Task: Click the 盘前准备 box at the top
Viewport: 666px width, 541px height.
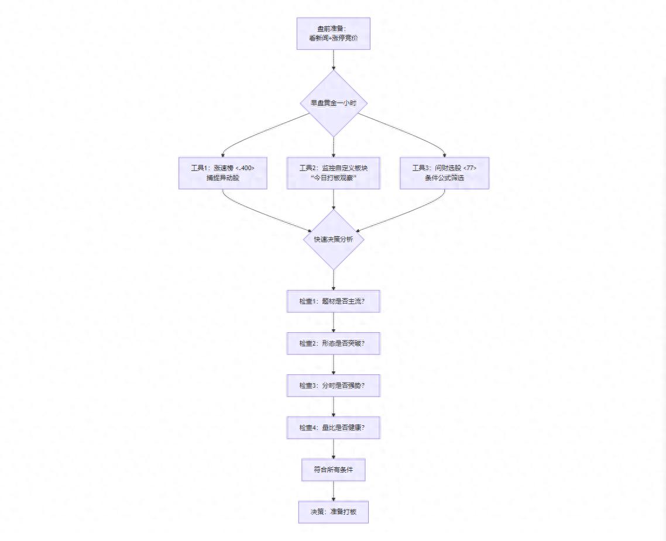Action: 333,33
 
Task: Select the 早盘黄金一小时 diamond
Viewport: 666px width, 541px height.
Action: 333,103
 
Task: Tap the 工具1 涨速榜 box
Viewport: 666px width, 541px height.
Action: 222,173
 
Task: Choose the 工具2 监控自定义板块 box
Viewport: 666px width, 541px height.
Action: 333,173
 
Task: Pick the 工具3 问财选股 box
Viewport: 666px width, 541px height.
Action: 444,173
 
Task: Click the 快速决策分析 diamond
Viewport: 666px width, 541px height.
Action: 333,240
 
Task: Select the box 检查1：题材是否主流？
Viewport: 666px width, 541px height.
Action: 333,301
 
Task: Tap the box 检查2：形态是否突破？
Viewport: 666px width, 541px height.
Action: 333,343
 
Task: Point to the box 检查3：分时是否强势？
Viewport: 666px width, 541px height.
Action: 333,385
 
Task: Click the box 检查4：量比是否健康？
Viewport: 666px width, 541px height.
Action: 333,428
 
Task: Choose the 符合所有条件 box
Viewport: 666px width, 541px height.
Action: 333,470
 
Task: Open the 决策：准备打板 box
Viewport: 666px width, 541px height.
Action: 333,512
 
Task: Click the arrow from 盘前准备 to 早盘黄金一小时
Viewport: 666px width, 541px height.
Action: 333,60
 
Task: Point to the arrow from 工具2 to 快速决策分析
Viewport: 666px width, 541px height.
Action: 333,199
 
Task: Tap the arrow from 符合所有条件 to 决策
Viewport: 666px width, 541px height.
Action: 333,491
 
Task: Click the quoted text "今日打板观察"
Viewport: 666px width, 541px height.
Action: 333,178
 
